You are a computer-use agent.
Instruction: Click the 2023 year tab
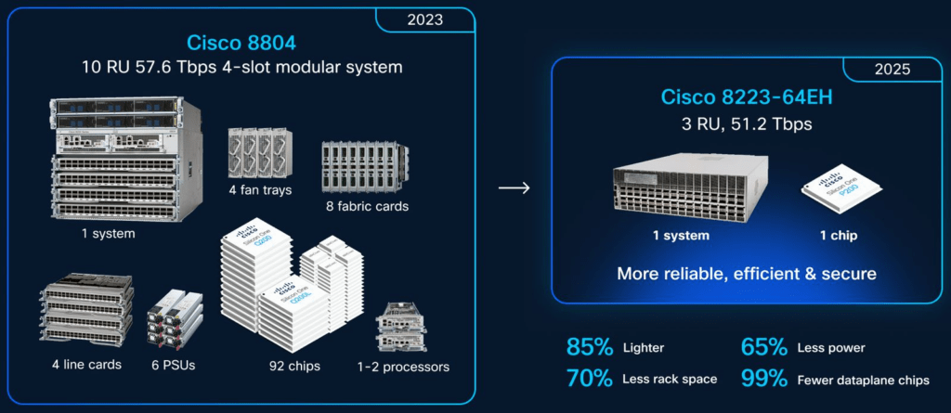(424, 19)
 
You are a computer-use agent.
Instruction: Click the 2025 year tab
(892, 69)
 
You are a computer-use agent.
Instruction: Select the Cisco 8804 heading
(241, 43)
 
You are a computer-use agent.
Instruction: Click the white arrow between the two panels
(514, 188)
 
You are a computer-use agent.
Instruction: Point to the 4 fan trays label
(260, 190)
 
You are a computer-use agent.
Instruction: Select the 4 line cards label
(86, 365)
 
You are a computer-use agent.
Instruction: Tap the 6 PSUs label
(174, 365)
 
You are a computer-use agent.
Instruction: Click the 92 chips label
(294, 367)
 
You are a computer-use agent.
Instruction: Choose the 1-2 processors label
(403, 367)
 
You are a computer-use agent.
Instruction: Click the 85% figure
(590, 347)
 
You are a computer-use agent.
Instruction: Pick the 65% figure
(763, 347)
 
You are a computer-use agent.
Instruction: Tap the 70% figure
(590, 379)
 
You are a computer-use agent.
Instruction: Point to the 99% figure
(763, 379)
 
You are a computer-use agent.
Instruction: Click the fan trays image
(260, 154)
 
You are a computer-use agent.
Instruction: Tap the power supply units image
(175, 322)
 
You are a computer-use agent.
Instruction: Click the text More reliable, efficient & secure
(747, 273)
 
